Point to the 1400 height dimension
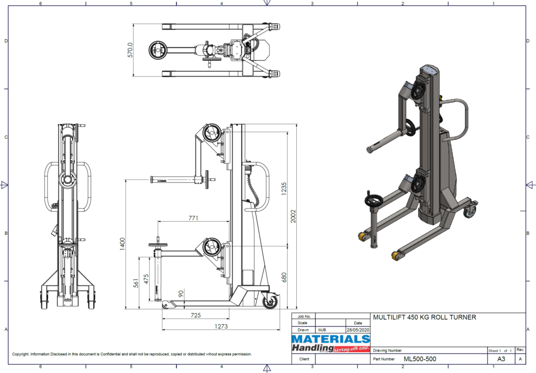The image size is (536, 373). tap(122, 244)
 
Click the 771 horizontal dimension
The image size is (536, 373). tap(194, 217)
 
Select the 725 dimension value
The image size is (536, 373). tap(196, 316)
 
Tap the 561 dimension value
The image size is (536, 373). tap(136, 283)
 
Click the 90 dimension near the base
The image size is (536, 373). tap(182, 294)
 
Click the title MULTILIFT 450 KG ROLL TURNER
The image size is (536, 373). tap(424, 317)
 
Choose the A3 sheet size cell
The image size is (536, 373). tap(500, 359)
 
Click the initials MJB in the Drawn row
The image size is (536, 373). tap(322, 330)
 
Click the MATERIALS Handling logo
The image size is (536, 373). tap(330, 343)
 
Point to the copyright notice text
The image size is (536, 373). tap(131, 354)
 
